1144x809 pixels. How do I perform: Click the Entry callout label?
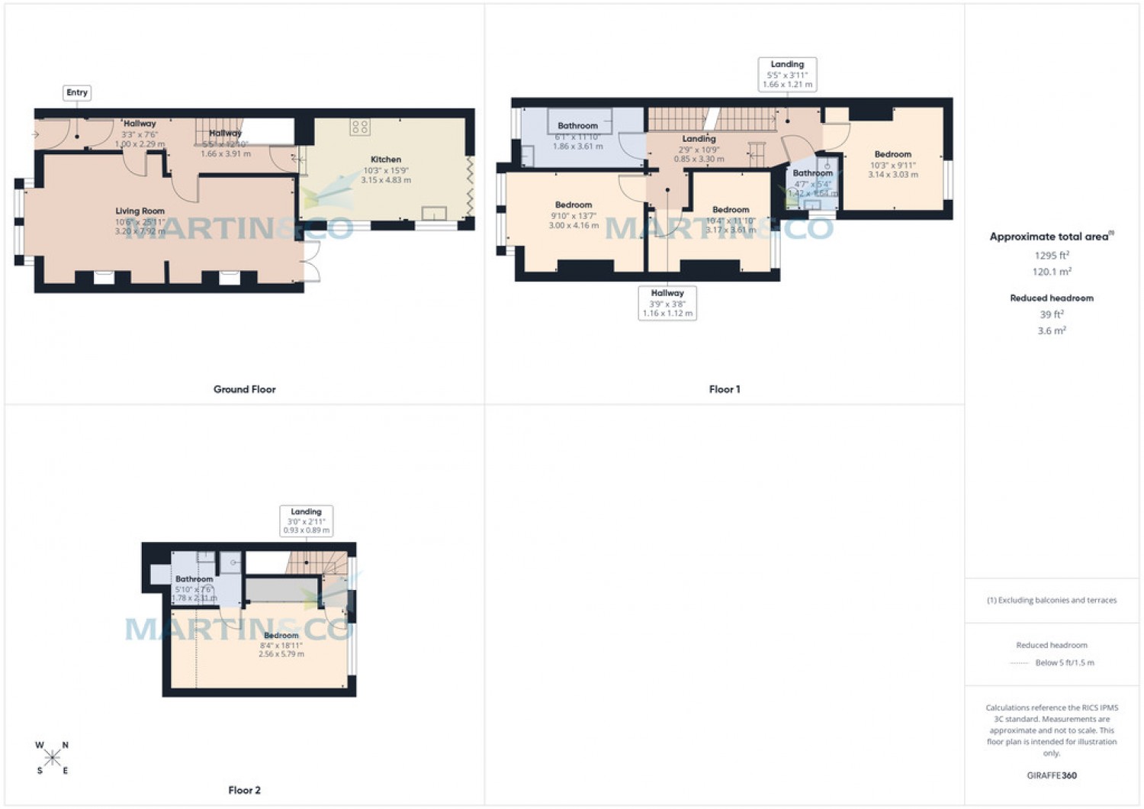[77, 92]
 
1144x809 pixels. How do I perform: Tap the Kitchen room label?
[386, 160]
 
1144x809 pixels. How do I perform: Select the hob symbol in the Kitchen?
[360, 127]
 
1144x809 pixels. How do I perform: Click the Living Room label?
[140, 211]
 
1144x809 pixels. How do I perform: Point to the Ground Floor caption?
[244, 389]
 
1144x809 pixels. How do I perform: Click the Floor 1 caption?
[724, 389]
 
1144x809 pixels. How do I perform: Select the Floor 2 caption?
[244, 790]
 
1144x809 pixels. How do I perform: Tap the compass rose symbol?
[52, 758]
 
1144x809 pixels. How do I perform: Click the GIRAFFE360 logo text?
[1052, 775]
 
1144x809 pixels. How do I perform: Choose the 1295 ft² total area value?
[1052, 256]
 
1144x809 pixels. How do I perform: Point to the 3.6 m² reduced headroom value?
[1052, 330]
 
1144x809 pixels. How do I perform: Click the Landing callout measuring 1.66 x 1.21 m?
[787, 74]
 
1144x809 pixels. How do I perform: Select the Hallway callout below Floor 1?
[667, 303]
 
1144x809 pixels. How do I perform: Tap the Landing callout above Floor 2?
[306, 521]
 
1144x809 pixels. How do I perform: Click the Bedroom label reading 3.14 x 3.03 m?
[892, 154]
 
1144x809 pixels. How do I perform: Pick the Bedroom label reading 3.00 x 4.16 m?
[574, 205]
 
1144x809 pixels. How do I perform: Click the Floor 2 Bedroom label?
[281, 636]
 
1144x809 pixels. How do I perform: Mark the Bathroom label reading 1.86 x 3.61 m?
[577, 126]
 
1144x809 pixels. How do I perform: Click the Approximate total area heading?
[1049, 237]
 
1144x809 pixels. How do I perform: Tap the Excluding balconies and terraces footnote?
[1052, 601]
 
